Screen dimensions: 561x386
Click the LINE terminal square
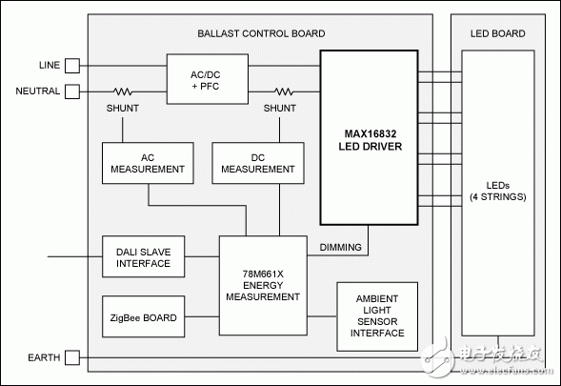(x=72, y=66)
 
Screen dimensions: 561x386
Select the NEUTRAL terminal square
(x=72, y=91)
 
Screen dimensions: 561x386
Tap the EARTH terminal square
(x=72, y=357)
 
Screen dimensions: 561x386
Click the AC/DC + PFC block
(x=208, y=79)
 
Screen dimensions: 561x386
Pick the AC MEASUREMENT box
(x=148, y=163)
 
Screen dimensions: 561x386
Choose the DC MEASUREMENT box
(x=258, y=163)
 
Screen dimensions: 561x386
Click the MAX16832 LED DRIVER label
(x=371, y=140)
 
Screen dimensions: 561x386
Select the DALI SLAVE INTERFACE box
(x=144, y=256)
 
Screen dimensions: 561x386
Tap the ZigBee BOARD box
(x=144, y=316)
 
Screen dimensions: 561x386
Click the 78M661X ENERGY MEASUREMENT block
(x=263, y=285)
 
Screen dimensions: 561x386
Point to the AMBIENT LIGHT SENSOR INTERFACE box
(x=377, y=316)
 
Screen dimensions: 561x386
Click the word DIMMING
(x=341, y=247)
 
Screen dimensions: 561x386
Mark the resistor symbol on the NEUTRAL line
(x=123, y=91)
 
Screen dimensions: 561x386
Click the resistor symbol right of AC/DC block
(x=284, y=91)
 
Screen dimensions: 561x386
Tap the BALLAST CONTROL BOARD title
(x=261, y=33)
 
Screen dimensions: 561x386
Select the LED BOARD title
(x=498, y=33)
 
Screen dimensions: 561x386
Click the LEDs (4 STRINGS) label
(x=498, y=192)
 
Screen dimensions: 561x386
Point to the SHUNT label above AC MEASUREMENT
(x=123, y=108)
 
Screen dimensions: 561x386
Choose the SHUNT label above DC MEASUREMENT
(x=280, y=108)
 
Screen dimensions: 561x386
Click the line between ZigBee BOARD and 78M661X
(x=202, y=316)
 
